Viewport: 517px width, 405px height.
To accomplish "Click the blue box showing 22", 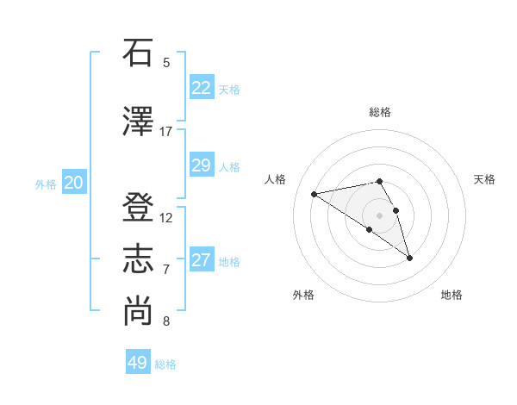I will point(202,88).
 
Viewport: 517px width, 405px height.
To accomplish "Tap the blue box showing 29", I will point(202,165).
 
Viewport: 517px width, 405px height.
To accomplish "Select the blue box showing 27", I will point(202,260).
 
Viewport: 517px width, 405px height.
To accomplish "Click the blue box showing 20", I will point(74,183).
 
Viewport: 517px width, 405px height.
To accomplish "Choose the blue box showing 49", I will point(138,363).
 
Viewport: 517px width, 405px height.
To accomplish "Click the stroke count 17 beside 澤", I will point(166,132).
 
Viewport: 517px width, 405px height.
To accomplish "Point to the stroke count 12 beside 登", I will point(166,218).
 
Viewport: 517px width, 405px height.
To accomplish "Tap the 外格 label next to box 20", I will point(46,184).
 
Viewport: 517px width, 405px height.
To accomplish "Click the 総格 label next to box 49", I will point(165,364).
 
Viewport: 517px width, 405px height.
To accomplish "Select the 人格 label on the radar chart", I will point(276,179).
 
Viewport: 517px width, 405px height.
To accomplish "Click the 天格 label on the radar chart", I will point(484,179).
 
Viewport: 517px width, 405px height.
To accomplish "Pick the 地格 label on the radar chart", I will point(452,295).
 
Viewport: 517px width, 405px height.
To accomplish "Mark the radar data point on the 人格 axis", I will point(315,193).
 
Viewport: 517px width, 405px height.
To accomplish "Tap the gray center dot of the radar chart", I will point(379,214).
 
